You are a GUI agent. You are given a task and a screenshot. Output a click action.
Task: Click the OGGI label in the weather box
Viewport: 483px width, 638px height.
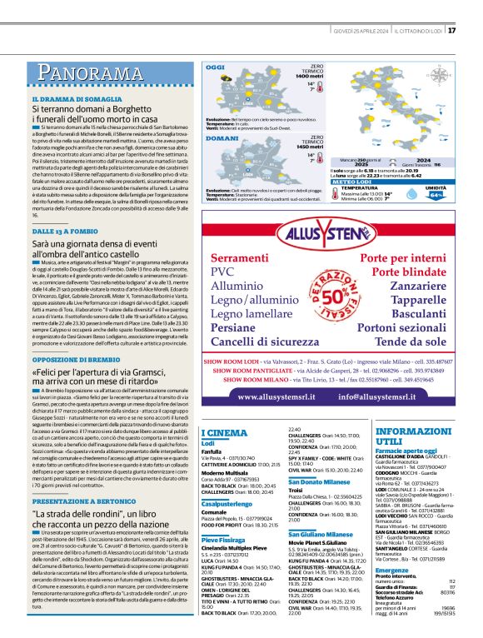click(215, 66)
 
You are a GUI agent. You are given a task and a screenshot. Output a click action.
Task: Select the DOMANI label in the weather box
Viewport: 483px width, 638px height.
click(219, 138)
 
